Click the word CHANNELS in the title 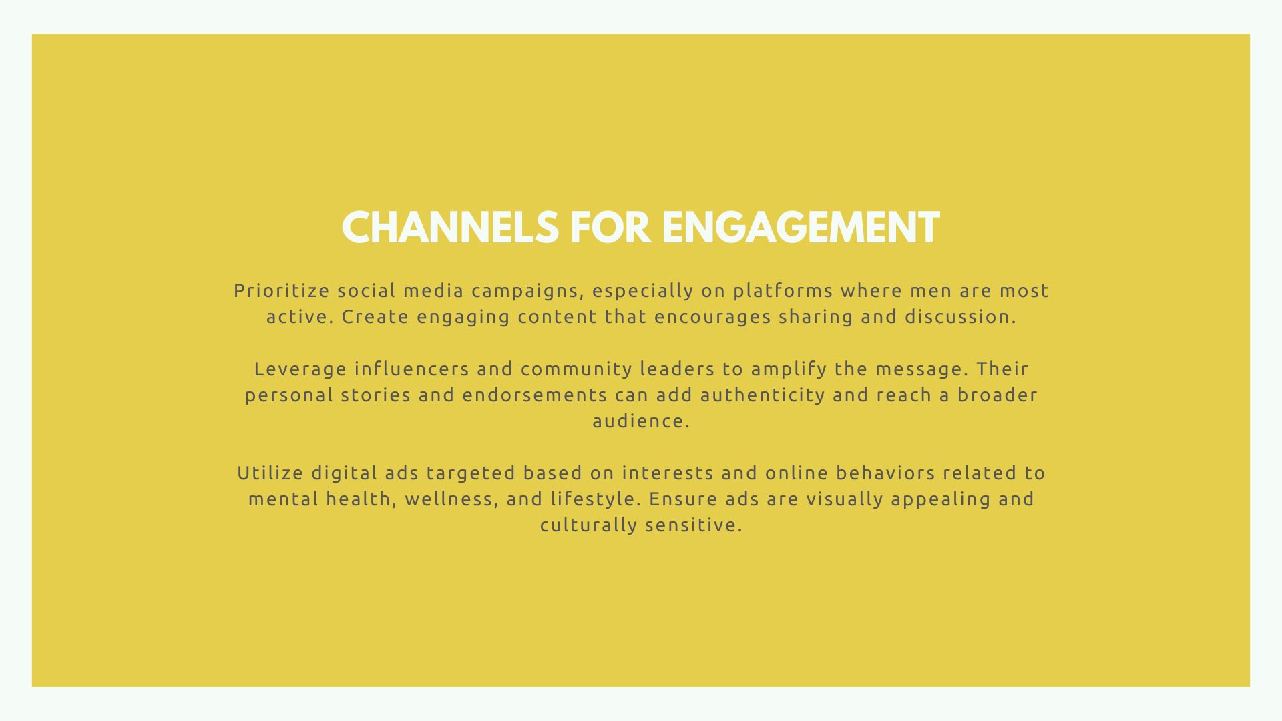click(x=450, y=228)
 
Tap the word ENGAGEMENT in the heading click(x=801, y=228)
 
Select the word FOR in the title click(x=610, y=228)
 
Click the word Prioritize click(x=282, y=291)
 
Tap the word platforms click(x=783, y=292)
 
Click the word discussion click(x=960, y=317)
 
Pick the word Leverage click(x=300, y=369)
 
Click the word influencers click(x=412, y=369)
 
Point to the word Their click(x=1002, y=369)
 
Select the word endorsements click(x=535, y=395)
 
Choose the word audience click(x=641, y=421)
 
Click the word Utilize click(x=270, y=473)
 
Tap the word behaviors click(x=885, y=473)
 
